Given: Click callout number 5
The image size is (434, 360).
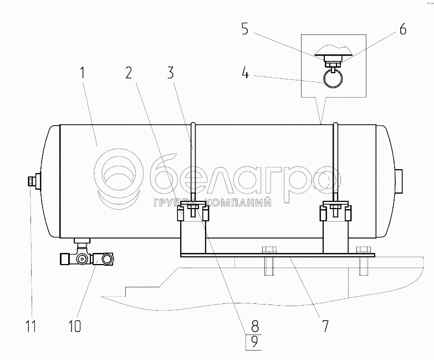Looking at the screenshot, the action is pyautogui.click(x=244, y=29).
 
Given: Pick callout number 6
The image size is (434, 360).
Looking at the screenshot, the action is pyautogui.click(x=403, y=28).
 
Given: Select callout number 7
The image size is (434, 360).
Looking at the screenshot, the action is pyautogui.click(x=325, y=326).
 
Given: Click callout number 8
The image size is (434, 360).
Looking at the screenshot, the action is pyautogui.click(x=254, y=326).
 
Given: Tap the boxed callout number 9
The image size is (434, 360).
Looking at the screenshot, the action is pyautogui.click(x=254, y=342).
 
